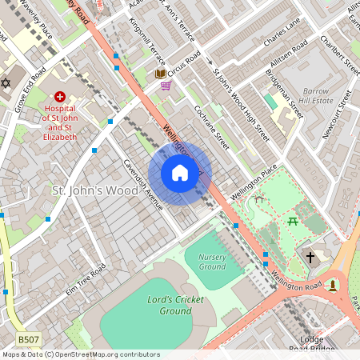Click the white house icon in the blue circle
click(180, 173)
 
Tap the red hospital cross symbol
click(60, 96)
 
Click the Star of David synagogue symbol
click(6, 83)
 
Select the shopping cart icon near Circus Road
click(166, 86)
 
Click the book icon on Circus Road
click(160, 74)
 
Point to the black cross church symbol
click(310, 257)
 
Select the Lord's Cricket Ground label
click(175, 306)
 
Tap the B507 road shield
click(29, 340)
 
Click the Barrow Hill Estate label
click(317, 96)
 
